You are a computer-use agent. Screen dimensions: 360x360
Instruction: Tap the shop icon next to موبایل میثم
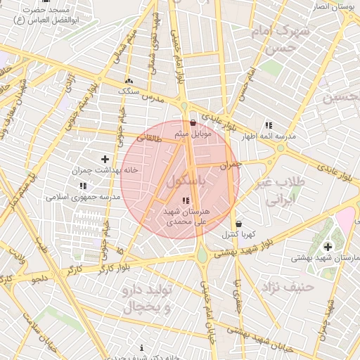(193, 122)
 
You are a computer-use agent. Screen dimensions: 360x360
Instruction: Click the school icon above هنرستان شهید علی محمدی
(185, 201)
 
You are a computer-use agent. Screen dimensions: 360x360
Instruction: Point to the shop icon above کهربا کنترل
(239, 224)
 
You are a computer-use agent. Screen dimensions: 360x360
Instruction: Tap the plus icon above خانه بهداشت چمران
(105, 160)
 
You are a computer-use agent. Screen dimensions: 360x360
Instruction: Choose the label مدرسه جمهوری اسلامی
(84, 197)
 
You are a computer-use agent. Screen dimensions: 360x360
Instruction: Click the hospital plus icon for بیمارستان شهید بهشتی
(328, 246)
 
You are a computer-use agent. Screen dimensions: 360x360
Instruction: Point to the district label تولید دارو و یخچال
(147, 300)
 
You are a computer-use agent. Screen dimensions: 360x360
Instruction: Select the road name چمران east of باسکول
(230, 166)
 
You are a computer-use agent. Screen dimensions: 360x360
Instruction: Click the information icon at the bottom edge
(142, 347)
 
